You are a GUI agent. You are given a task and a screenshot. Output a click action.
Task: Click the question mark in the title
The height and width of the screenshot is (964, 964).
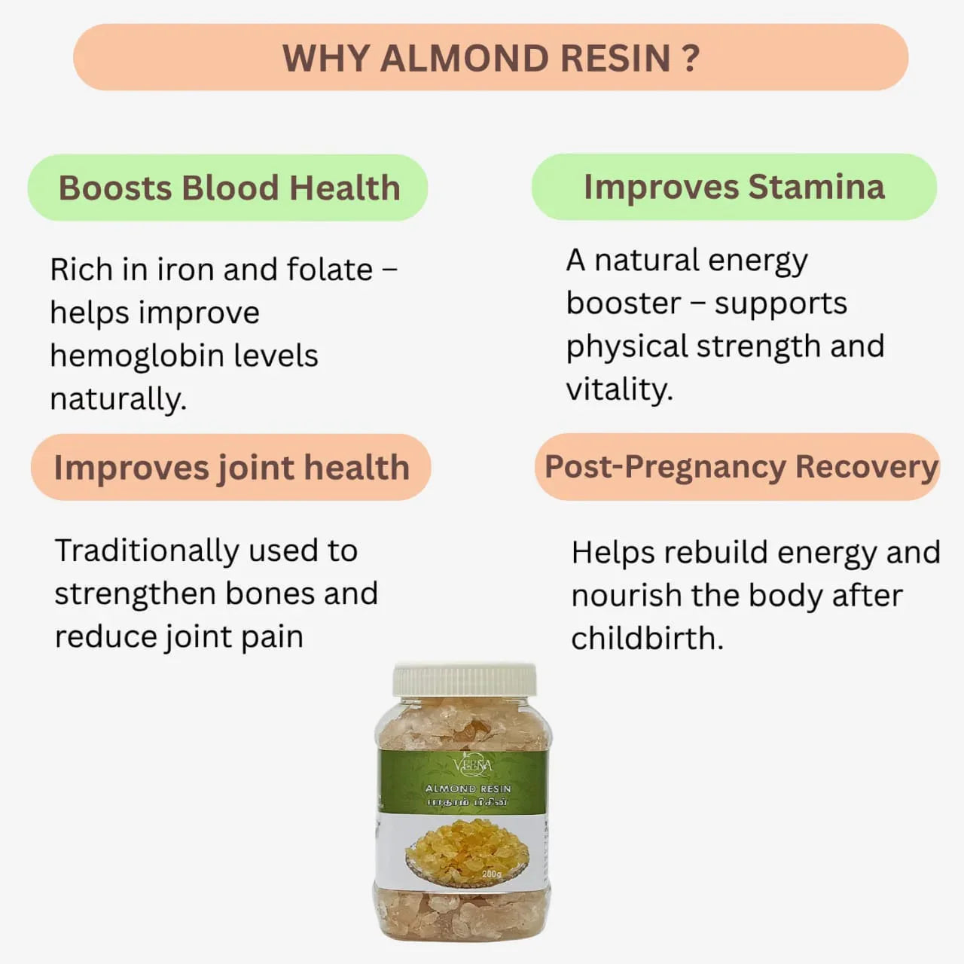691,59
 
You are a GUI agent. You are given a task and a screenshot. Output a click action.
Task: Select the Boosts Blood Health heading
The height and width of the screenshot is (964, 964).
229,188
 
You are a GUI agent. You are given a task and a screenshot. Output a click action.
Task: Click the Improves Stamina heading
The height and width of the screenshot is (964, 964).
734,187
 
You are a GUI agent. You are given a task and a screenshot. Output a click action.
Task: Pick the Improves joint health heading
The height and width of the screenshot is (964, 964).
231,468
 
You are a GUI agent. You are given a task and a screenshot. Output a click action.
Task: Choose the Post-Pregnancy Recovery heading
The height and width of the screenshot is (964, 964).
741,467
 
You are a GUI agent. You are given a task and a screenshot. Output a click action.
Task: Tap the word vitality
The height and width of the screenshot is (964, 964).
618,389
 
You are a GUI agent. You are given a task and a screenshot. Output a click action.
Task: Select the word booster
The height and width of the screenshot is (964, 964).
623,303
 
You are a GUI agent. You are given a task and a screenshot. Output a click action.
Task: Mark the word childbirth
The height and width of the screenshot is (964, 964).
647,639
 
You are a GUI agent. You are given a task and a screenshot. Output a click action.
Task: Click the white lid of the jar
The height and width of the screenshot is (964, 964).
465,679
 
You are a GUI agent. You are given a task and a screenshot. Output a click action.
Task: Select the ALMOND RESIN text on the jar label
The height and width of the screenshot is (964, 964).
468,789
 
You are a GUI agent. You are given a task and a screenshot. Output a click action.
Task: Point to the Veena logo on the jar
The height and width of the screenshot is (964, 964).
473,766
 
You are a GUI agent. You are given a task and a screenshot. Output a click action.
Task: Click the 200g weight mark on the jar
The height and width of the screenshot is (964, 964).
491,874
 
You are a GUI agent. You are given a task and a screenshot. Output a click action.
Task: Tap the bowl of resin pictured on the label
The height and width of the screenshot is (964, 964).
466,851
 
